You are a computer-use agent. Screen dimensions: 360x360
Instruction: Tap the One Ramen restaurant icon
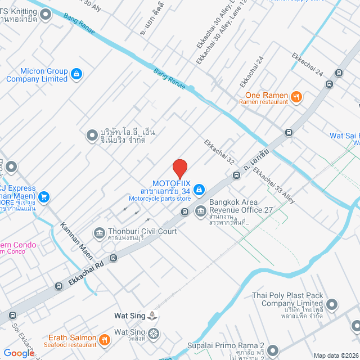tap(296, 98)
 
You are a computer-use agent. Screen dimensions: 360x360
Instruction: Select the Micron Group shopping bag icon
tap(76, 73)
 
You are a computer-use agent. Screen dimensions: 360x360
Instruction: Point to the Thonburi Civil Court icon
tap(100, 232)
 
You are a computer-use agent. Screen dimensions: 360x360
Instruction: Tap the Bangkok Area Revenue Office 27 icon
tap(200, 211)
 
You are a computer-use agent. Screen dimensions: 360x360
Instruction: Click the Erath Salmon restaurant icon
tap(104, 339)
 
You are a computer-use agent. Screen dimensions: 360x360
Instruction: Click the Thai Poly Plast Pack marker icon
tap(332, 305)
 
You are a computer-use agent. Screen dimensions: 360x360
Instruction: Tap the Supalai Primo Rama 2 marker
tap(273, 350)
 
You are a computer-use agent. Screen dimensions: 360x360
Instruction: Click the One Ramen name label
tap(267, 95)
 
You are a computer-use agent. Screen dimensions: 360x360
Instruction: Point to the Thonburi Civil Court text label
tap(143, 231)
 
